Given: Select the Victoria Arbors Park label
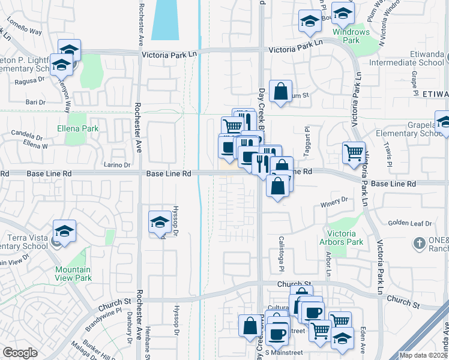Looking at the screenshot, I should coord(345,238).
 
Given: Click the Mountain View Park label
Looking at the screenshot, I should coord(73,274).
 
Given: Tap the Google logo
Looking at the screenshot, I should coord(20,353).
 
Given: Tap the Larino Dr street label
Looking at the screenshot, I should coord(116,164).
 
